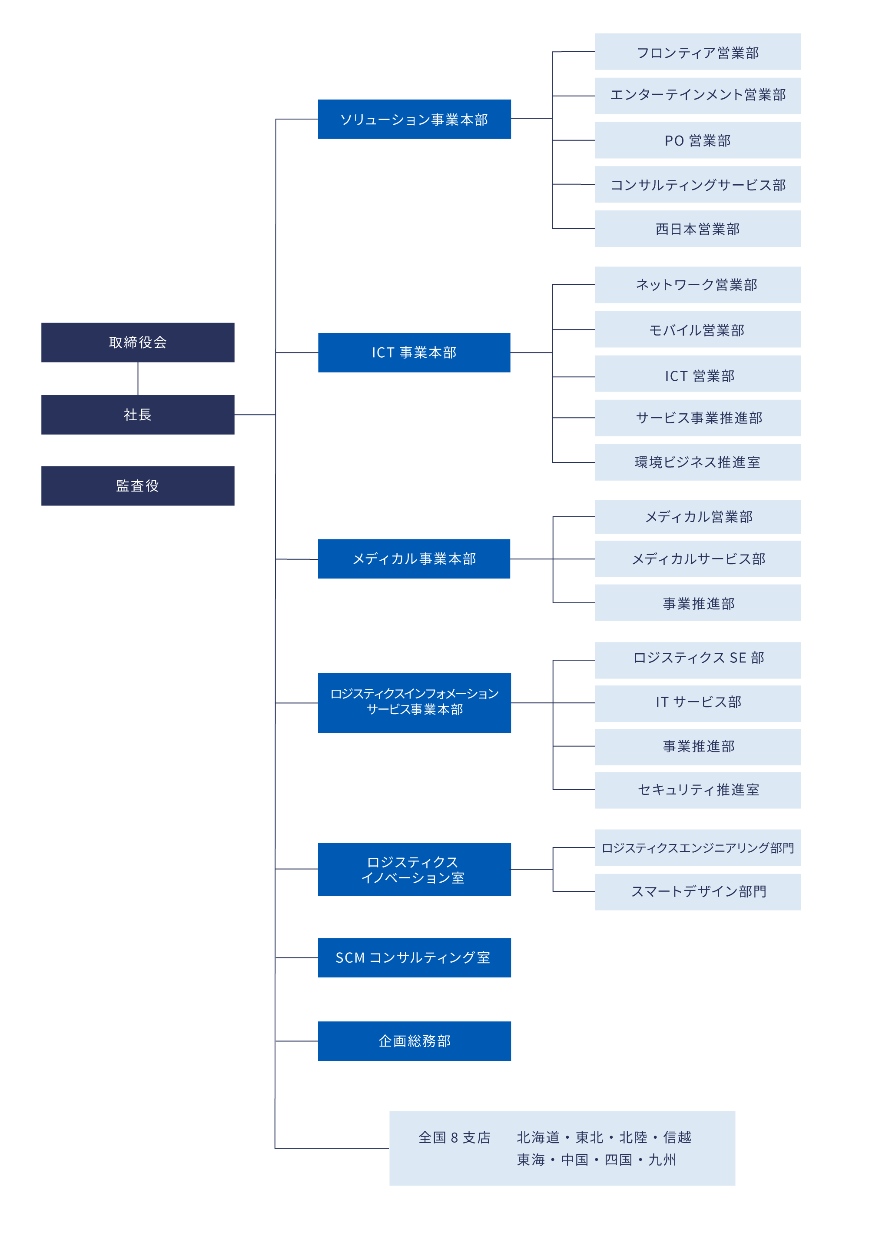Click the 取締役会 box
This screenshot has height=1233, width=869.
[x=137, y=342]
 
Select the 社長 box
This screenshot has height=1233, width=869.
[x=137, y=415]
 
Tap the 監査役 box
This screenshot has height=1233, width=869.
[x=137, y=485]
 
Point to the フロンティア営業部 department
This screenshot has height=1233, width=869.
[x=698, y=52]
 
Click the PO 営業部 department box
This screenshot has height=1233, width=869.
[x=698, y=140]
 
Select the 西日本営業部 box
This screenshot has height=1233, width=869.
[x=698, y=229]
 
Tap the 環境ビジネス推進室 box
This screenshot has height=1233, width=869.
[x=698, y=462]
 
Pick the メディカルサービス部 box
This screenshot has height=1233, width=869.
[x=698, y=559]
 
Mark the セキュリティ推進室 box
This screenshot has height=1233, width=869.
[x=698, y=791]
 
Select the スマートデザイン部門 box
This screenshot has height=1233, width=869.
[x=698, y=892]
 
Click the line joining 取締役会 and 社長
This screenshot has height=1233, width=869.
[x=138, y=379]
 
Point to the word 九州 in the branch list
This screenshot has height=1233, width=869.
[x=662, y=1160]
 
